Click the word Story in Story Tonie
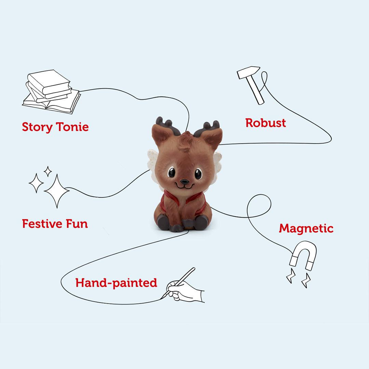[x=37, y=127]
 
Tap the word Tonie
[x=72, y=127]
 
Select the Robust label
[x=265, y=123]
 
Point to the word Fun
[x=77, y=223]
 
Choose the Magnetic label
[x=306, y=229]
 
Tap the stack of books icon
[x=52, y=92]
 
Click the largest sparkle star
[x=57, y=191]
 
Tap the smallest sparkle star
[x=48, y=171]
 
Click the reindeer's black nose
[x=184, y=182]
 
